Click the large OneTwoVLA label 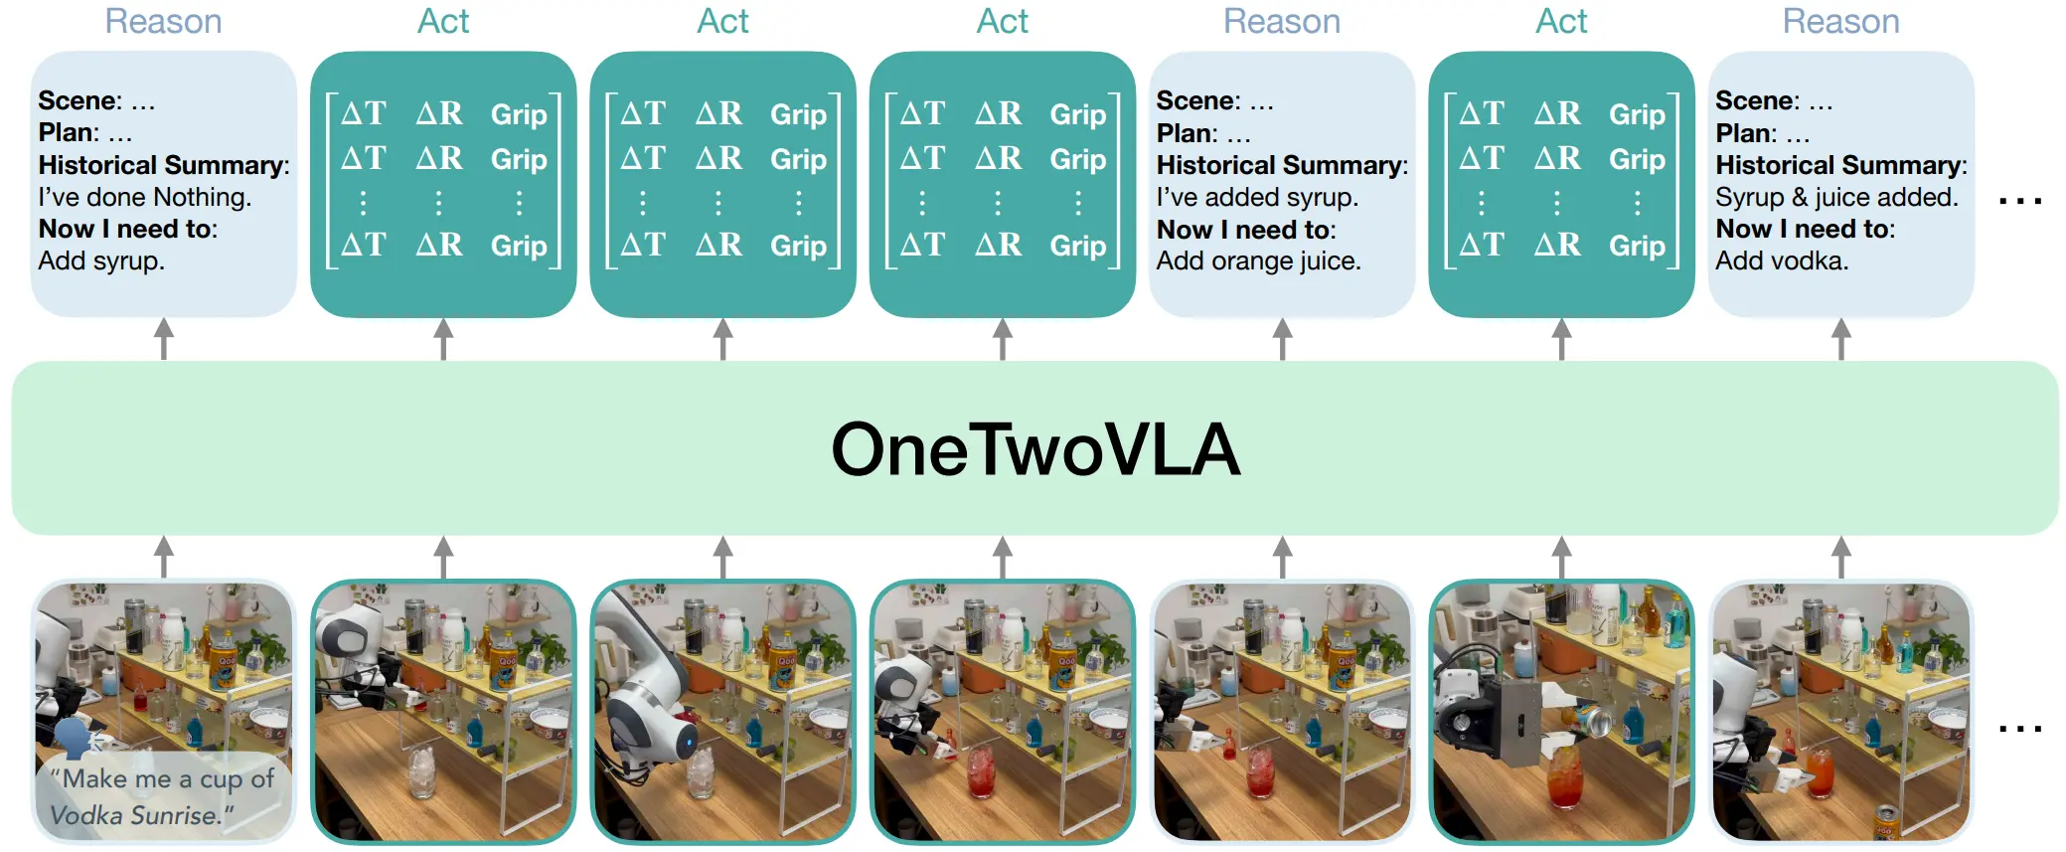point(1034,449)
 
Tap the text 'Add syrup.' point(101,261)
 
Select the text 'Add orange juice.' point(1258,261)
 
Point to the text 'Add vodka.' point(1782,261)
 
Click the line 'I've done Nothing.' point(144,197)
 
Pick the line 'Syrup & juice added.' point(1836,197)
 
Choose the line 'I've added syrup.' point(1257,197)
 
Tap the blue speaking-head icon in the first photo point(76,738)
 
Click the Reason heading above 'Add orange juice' point(1282,21)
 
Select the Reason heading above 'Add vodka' point(1840,21)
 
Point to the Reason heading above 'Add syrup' point(163,21)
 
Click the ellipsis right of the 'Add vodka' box point(2020,201)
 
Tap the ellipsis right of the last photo point(2020,729)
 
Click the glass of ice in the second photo point(421,770)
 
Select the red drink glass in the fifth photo point(1261,771)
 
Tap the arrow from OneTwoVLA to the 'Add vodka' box point(1840,339)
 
